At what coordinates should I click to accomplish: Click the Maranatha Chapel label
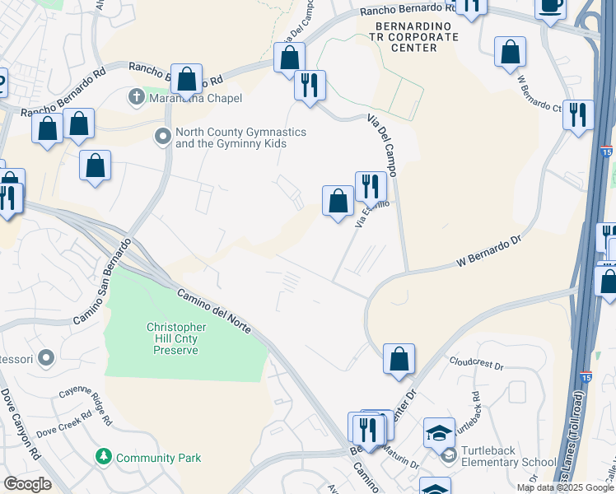(x=195, y=99)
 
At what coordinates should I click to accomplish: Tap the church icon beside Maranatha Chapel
(x=138, y=98)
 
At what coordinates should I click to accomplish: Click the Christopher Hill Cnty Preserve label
(x=176, y=338)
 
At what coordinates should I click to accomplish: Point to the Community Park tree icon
(x=103, y=455)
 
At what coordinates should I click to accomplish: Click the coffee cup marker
(x=550, y=6)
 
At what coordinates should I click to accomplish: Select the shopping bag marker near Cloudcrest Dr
(x=399, y=359)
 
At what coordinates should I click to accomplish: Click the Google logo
(x=27, y=484)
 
